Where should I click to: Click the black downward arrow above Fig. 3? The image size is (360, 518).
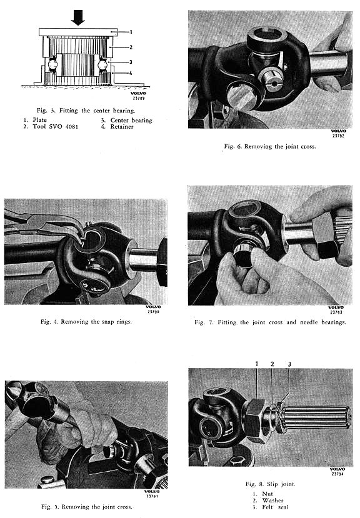78,17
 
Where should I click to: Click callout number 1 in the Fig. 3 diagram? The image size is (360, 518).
131,32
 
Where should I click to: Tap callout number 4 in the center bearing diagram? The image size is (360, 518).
131,73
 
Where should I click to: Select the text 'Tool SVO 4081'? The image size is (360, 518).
56,126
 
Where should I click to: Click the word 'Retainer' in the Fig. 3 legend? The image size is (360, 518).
122,126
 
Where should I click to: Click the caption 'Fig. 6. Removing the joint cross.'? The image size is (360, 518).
270,146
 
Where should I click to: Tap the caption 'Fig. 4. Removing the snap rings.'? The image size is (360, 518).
86,321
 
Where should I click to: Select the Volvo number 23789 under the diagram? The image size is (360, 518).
139,98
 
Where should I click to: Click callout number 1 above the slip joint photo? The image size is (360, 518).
256,364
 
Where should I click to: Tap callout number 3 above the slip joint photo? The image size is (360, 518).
289,364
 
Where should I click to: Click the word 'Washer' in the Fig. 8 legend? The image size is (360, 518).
272,501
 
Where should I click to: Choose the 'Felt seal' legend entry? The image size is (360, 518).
275,507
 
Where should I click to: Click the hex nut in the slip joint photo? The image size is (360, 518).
254,421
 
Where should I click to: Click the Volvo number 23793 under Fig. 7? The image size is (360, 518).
336,312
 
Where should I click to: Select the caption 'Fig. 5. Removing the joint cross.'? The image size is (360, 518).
87,506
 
